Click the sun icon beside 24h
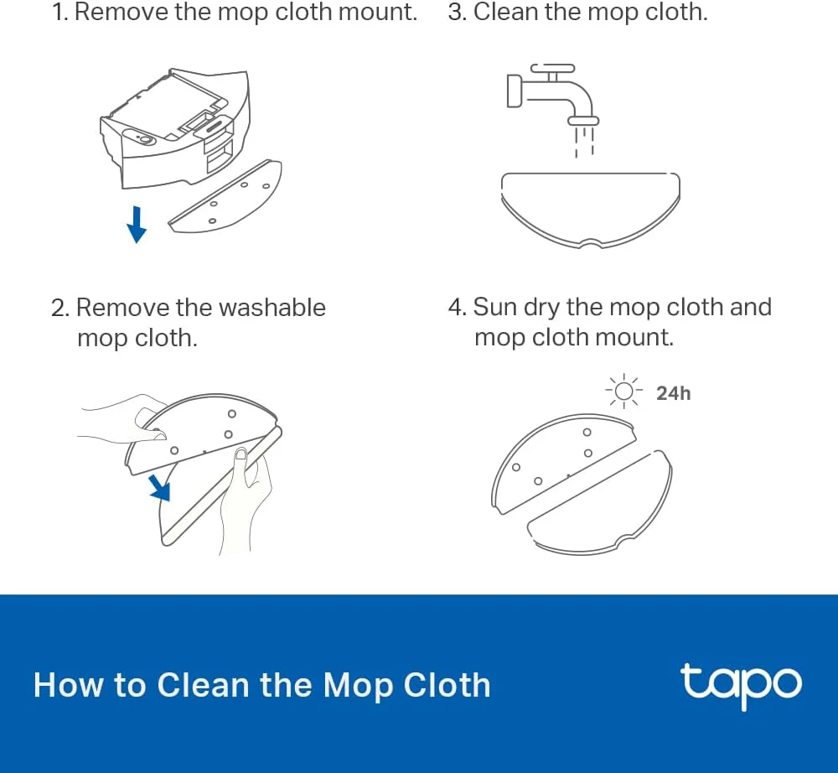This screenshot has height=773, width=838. tap(623, 392)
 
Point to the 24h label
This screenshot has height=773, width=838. tap(673, 392)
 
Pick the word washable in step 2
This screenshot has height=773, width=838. tap(272, 308)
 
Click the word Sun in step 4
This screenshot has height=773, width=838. tap(495, 307)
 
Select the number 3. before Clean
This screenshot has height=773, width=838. tap(457, 13)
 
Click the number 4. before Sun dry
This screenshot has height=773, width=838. tap(457, 307)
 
